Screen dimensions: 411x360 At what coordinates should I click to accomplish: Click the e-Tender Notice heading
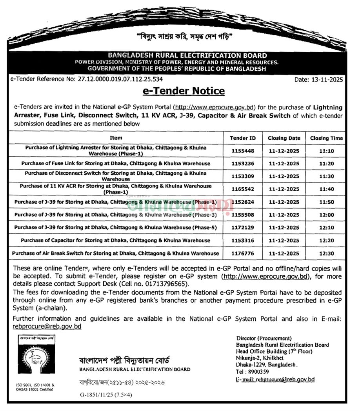[x=183, y=91]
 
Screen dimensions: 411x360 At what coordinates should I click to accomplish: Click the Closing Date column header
[x=284, y=138]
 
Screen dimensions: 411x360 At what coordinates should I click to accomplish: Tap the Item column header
[x=116, y=138]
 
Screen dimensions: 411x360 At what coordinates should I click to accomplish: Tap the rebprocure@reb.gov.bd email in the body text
[x=47, y=327]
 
